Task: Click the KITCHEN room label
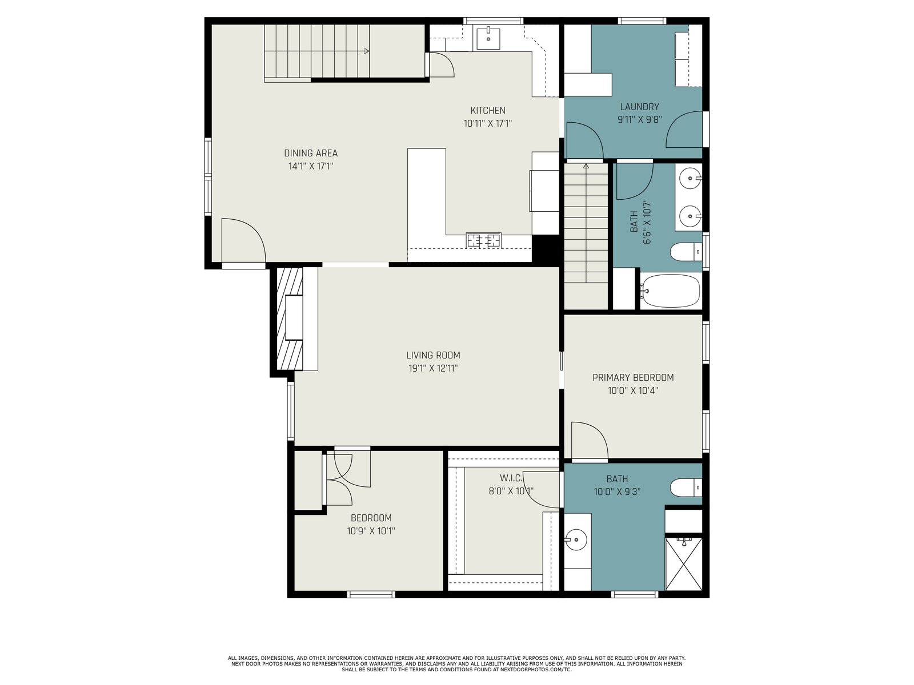[488, 110]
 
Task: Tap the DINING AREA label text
[311, 153]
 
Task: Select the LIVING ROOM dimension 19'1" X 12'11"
[433, 368]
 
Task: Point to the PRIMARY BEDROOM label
[632, 377]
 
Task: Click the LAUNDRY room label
[640, 107]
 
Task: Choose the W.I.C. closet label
[511, 477]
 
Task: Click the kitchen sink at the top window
[488, 38]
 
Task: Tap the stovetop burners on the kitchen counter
[483, 240]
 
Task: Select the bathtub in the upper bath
[670, 291]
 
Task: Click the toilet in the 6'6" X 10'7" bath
[686, 251]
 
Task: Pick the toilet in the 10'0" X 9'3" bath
[686, 487]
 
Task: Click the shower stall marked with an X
[684, 563]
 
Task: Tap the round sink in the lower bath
[576, 540]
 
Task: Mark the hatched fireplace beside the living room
[290, 319]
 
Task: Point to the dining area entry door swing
[243, 240]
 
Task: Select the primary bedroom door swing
[590, 440]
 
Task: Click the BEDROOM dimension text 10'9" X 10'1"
[371, 531]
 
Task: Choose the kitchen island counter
[426, 204]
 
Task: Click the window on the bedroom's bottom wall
[371, 594]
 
